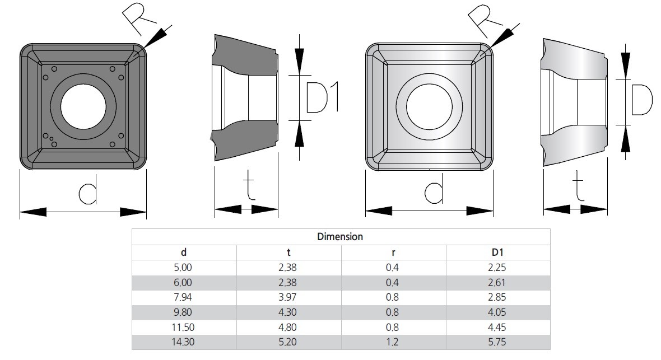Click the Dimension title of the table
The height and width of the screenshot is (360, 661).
(340, 236)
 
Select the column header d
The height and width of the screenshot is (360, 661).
(183, 252)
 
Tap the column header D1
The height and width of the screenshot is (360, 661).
(497, 252)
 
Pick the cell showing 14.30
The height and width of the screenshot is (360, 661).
(183, 342)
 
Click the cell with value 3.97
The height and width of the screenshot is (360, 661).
(287, 297)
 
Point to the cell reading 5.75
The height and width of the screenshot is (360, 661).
(497, 342)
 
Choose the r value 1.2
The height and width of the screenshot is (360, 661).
(392, 342)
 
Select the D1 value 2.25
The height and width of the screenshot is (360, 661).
(497, 267)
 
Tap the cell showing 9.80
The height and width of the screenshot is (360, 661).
(183, 312)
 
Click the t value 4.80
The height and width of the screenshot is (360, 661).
(287, 327)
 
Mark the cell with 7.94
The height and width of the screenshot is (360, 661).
(183, 297)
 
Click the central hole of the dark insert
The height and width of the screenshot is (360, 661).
(83, 106)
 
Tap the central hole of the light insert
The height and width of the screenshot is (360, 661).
(429, 106)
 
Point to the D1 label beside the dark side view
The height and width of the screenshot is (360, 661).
(323, 98)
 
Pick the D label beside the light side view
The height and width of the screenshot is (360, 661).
(642, 100)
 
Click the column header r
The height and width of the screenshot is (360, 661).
(393, 253)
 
